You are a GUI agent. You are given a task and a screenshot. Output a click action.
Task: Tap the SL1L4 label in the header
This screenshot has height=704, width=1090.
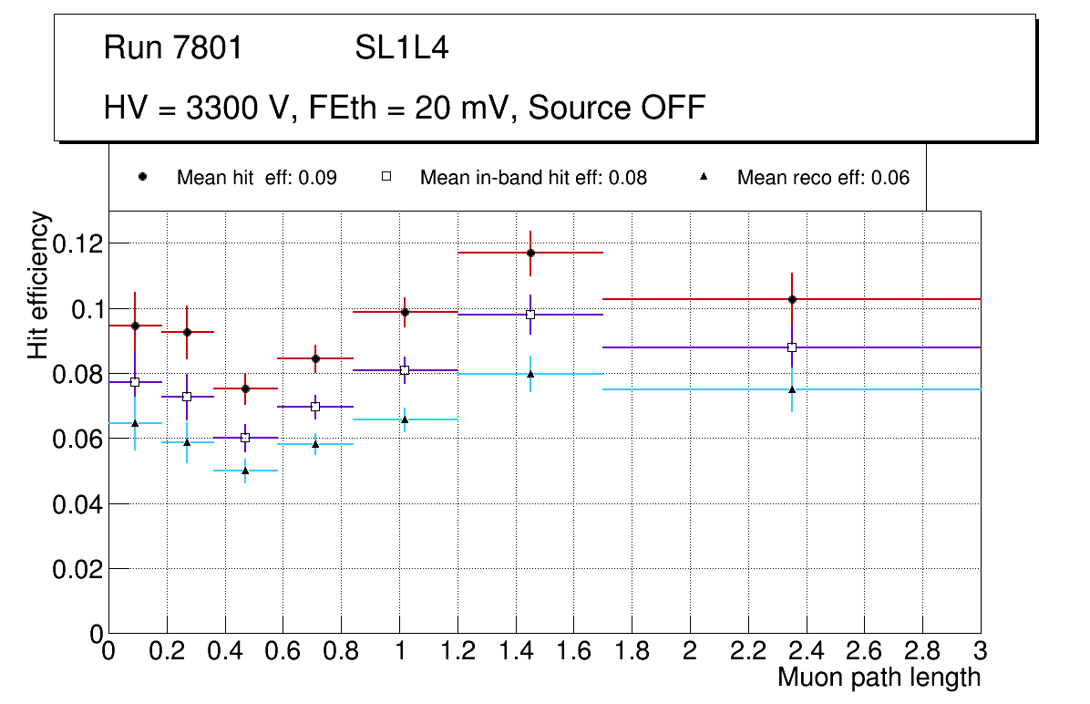402,47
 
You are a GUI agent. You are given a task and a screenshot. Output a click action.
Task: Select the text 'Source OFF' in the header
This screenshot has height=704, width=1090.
617,108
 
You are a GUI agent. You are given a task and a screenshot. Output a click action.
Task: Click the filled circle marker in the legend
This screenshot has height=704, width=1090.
142,177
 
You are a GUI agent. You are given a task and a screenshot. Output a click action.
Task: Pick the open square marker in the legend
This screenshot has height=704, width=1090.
386,177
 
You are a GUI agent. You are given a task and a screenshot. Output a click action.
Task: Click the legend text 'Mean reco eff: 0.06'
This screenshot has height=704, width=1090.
823,178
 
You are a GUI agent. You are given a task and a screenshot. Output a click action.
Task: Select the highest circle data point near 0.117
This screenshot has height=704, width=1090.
530,253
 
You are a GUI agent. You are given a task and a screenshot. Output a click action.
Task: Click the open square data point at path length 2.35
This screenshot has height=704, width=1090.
792,347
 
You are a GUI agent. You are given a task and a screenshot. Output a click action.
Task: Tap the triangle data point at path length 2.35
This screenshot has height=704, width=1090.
792,389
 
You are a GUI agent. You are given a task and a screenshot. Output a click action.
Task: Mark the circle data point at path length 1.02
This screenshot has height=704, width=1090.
405,312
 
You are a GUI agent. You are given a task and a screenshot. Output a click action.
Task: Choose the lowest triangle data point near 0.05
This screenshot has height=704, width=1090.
245,471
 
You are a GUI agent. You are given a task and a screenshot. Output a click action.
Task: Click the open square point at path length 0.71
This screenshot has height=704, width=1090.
315,407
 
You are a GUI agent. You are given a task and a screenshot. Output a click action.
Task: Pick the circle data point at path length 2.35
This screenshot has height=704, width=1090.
792,299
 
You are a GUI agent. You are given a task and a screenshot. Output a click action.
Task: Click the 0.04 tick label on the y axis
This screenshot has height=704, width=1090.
77,503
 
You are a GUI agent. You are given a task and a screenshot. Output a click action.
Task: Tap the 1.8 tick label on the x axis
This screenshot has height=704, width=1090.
632,650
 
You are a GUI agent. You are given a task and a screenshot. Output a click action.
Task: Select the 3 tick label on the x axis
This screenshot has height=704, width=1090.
980,650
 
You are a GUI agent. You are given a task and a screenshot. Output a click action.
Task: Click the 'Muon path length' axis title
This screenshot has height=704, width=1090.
879,677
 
